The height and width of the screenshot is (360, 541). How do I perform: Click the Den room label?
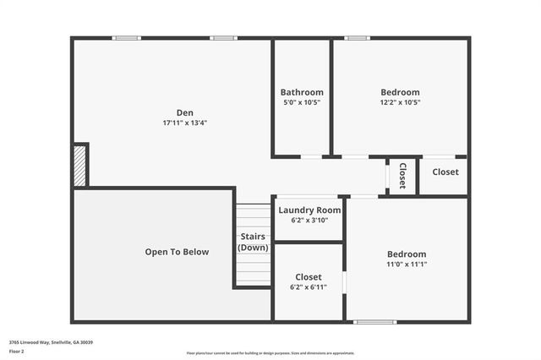pos(184,112)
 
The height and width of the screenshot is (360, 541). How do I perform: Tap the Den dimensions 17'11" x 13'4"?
pos(184,123)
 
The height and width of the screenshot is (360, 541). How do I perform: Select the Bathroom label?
pos(302,92)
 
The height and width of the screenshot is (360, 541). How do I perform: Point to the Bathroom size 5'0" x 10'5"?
pos(302,102)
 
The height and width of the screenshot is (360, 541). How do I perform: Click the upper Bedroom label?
pos(400,92)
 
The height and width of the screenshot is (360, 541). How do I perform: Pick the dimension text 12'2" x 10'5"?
pos(400,102)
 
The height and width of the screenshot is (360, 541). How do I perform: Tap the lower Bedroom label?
pos(407,254)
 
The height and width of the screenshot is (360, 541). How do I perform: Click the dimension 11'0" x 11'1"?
pos(407,265)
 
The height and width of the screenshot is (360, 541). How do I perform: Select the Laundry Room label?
pos(309,210)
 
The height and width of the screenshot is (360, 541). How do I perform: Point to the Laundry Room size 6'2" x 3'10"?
pos(309,220)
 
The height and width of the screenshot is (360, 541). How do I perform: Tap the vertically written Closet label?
pos(402,175)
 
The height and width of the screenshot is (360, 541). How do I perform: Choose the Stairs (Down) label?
pos(254,242)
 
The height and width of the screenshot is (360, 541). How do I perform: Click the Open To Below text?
pos(177,252)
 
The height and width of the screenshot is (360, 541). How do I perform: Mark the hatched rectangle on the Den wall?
pos(80,165)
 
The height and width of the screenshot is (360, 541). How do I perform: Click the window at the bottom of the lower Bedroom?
pos(374,322)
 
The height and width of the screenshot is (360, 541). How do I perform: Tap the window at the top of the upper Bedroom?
pos(357,37)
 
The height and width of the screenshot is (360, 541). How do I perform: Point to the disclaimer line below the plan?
pos(270,353)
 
